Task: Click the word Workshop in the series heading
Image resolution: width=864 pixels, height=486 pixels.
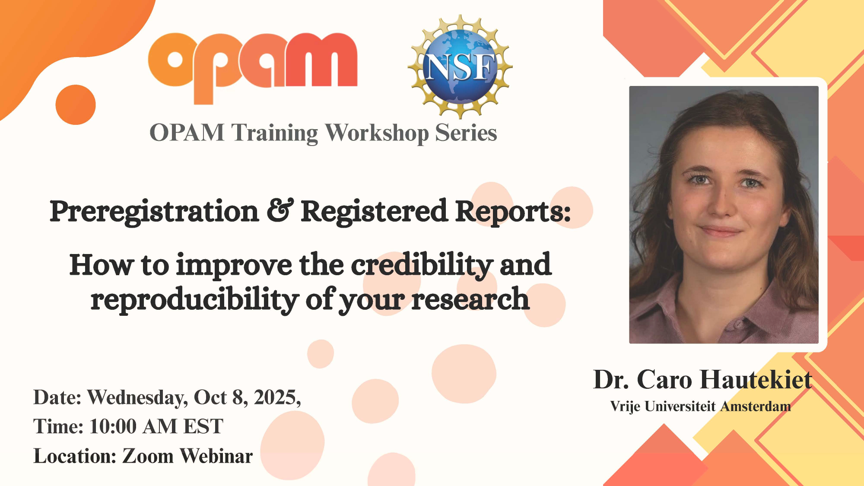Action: [377, 133]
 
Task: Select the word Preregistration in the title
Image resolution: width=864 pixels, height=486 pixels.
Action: [154, 212]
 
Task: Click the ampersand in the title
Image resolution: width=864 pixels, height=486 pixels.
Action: [280, 210]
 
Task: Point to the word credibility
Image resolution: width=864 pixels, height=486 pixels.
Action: [422, 265]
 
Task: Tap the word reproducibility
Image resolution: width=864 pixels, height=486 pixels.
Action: [195, 299]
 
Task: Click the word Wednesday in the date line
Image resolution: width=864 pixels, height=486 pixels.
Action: [138, 397]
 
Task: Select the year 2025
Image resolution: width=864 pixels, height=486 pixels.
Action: [277, 397]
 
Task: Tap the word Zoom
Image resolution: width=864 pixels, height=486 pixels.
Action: [148, 456]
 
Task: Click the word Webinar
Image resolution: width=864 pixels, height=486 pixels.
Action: [216, 456]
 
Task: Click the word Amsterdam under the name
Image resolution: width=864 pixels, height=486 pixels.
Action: [756, 407]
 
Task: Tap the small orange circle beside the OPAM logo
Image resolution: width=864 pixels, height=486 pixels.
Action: [76, 105]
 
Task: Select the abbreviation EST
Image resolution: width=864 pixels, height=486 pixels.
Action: [203, 426]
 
